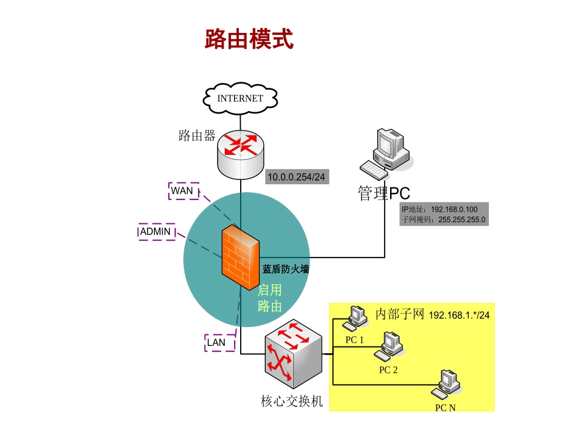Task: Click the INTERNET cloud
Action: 241,98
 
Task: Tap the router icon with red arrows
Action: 241,153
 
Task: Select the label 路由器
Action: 197,136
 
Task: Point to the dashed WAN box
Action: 183,191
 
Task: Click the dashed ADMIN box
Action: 156,232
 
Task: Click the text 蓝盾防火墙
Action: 286,268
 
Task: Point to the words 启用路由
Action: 269,298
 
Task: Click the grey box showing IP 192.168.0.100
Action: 443,214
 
